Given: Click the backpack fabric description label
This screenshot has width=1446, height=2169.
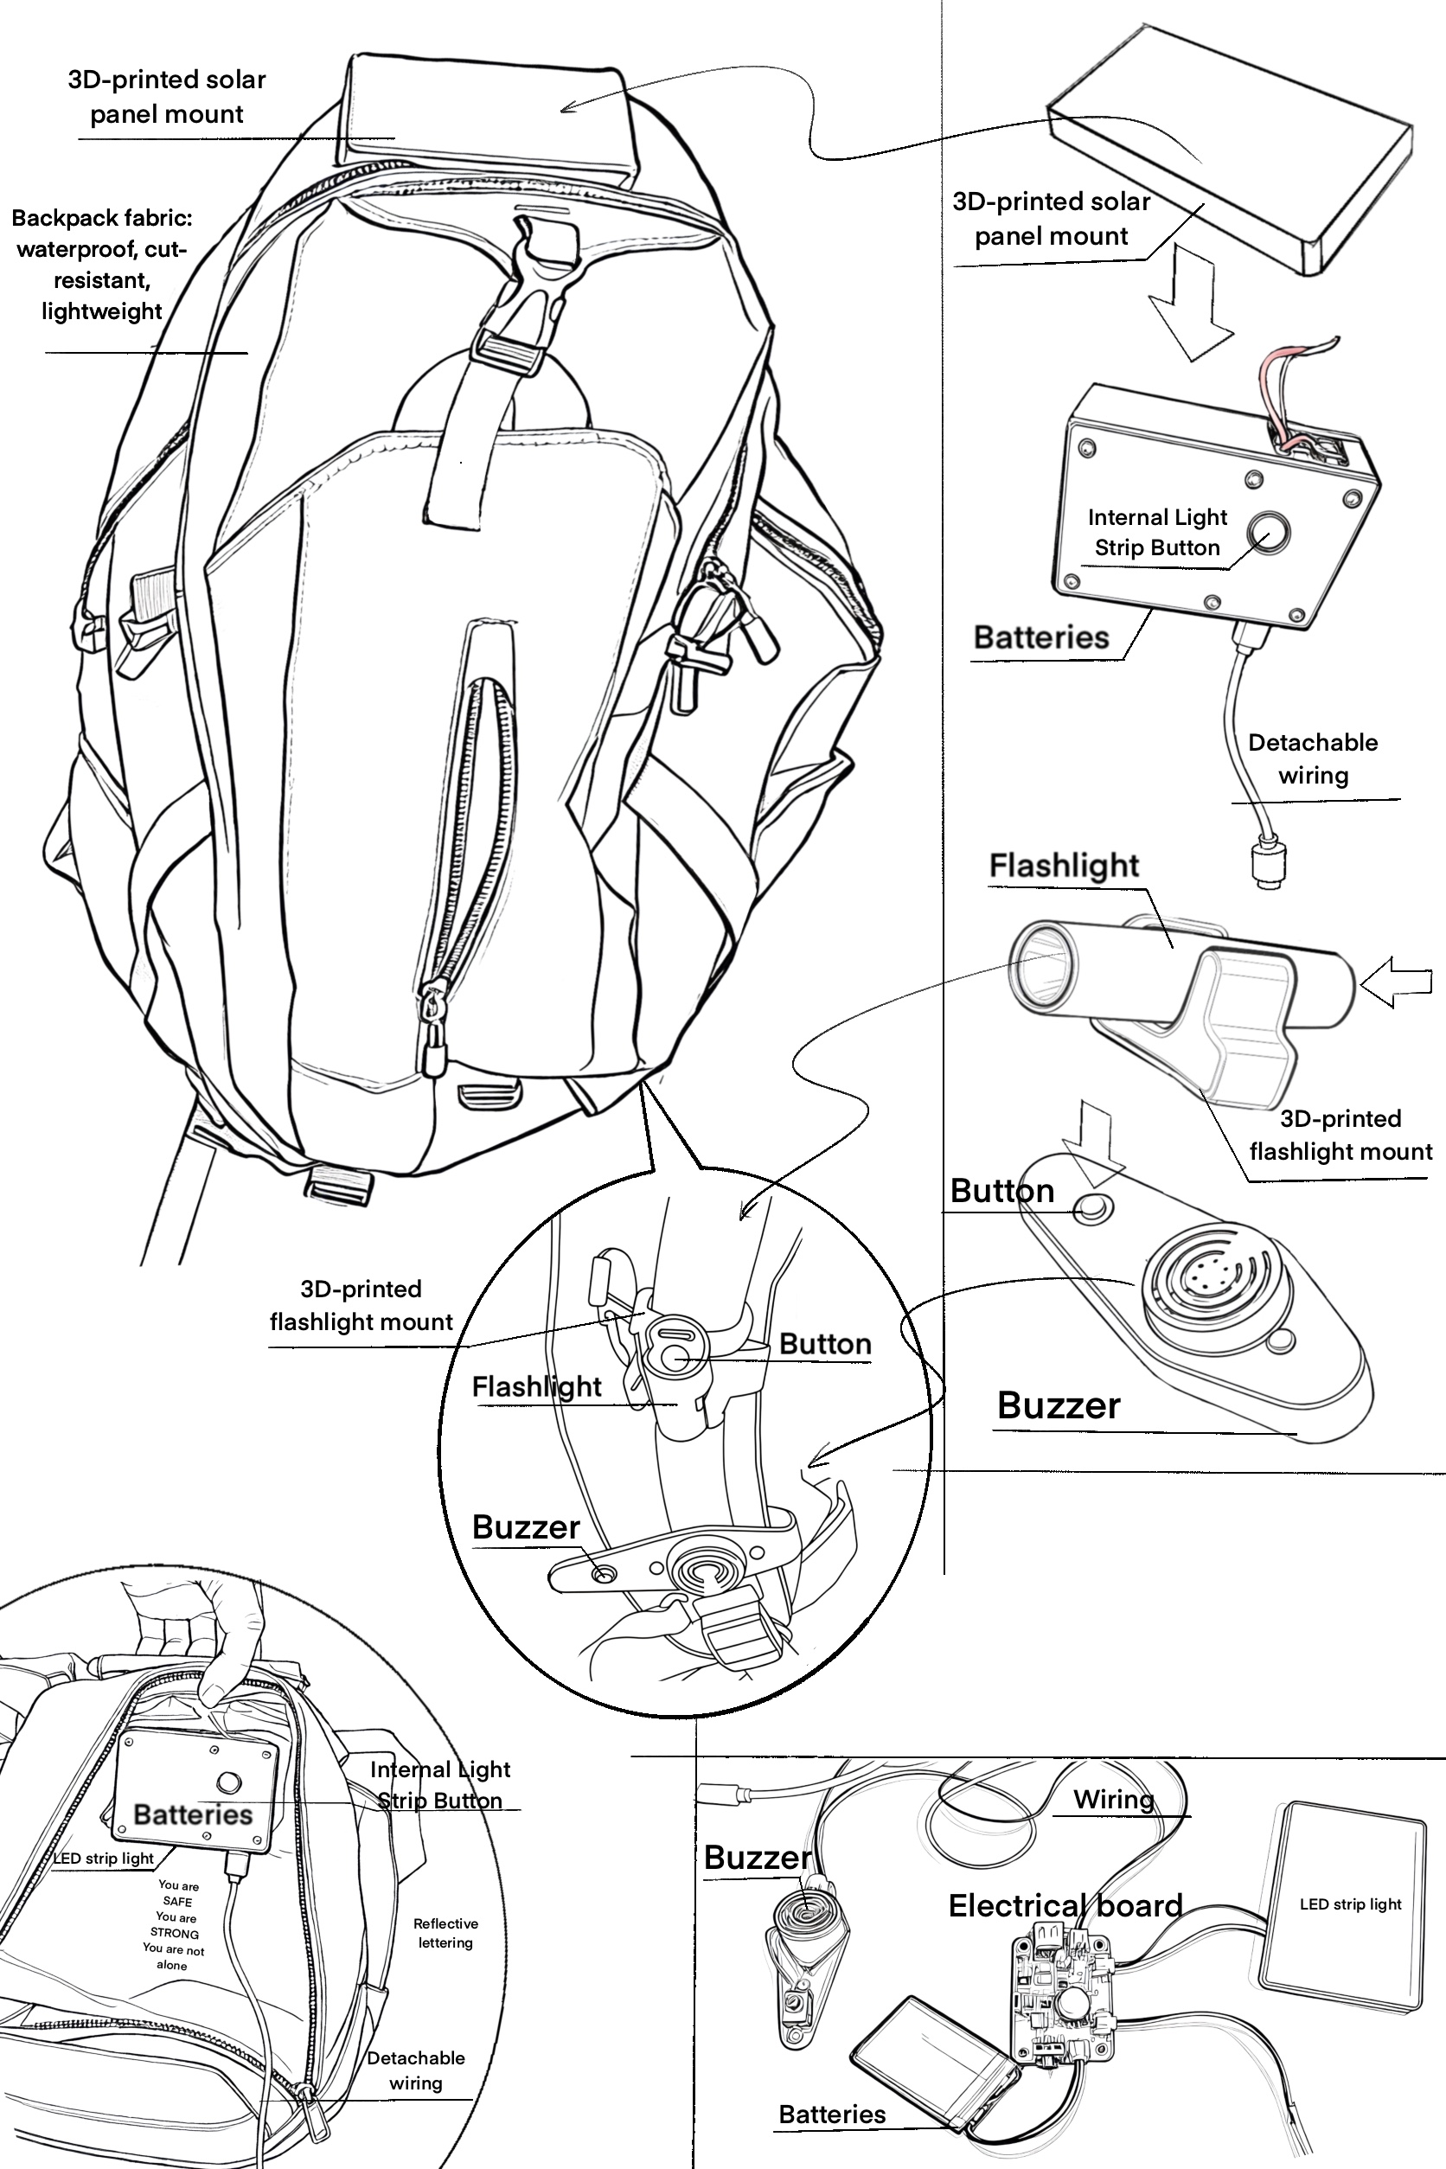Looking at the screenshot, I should click(101, 265).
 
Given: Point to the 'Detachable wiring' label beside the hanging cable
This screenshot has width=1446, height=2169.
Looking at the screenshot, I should click(1312, 759).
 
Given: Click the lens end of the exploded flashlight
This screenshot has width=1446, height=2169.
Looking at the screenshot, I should click(1042, 963).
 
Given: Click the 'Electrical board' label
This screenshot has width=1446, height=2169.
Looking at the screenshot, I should click(1065, 1906).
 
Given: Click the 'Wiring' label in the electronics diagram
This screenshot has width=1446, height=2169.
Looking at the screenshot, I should click(1113, 1799).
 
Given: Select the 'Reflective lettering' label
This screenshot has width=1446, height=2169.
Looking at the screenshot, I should click(445, 1933).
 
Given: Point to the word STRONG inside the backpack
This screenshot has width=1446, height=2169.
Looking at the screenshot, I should click(175, 1934).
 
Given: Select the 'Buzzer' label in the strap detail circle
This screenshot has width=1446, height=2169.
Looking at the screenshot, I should click(526, 1527).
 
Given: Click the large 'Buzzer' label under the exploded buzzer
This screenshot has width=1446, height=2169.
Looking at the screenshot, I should click(1058, 1405).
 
